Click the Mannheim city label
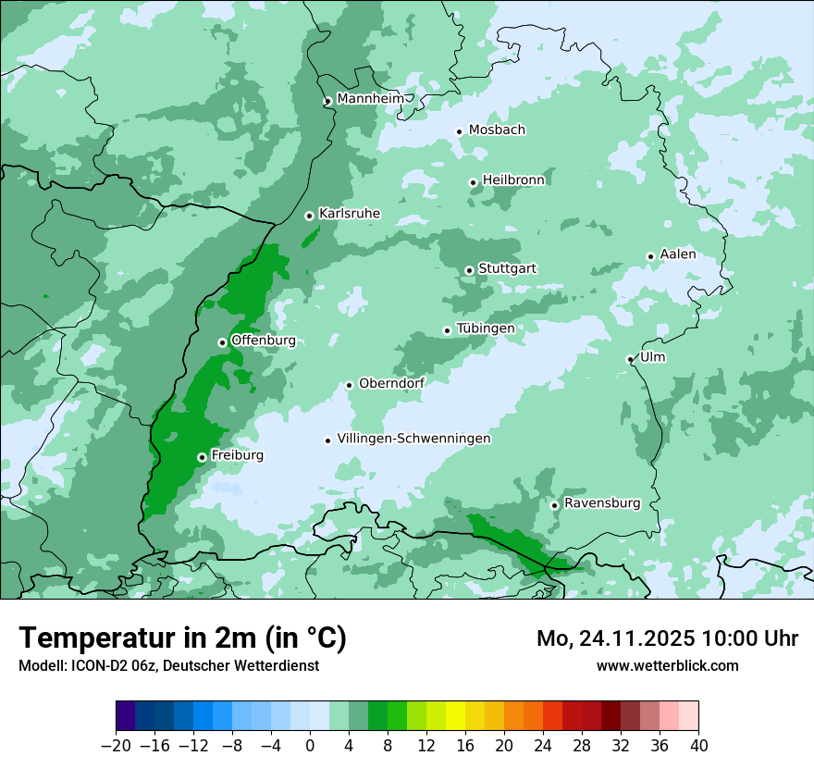tap(370, 98)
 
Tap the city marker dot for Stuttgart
tap(470, 270)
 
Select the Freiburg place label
tap(237, 455)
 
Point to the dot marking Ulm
tap(630, 359)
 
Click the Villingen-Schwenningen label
tap(413, 439)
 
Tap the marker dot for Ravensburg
tap(554, 505)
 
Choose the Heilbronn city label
tap(513, 180)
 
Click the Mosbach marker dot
tap(459, 131)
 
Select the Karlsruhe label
tap(350, 214)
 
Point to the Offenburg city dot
tap(222, 342)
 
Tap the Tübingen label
tap(486, 328)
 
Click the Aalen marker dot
tap(650, 256)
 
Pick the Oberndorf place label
tap(391, 383)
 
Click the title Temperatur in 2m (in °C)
tap(182, 638)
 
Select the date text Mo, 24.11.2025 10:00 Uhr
tap(667, 638)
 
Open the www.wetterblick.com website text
tap(667, 665)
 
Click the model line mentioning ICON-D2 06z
tap(168, 665)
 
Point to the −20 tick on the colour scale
tap(116, 746)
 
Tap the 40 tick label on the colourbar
tap(698, 746)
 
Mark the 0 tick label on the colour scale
tap(310, 746)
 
